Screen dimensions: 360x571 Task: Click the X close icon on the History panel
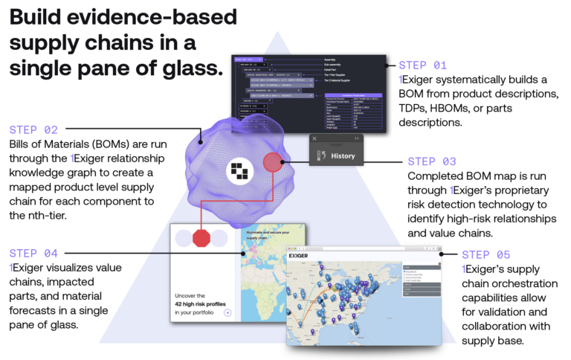click(x=315, y=138)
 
